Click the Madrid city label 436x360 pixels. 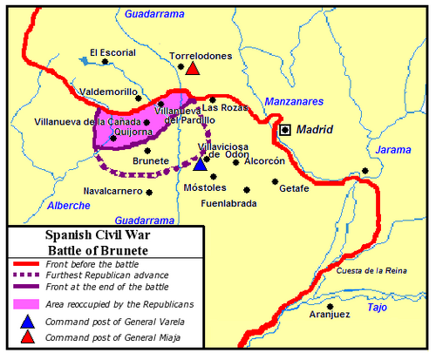tap(315, 130)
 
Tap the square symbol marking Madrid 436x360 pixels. tap(284, 130)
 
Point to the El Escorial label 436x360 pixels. tap(112, 52)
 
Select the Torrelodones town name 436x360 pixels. tap(201, 56)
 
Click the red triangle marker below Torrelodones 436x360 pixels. tap(193, 69)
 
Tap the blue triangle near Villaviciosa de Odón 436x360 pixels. tap(201, 163)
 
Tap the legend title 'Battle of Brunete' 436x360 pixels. tap(105, 248)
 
